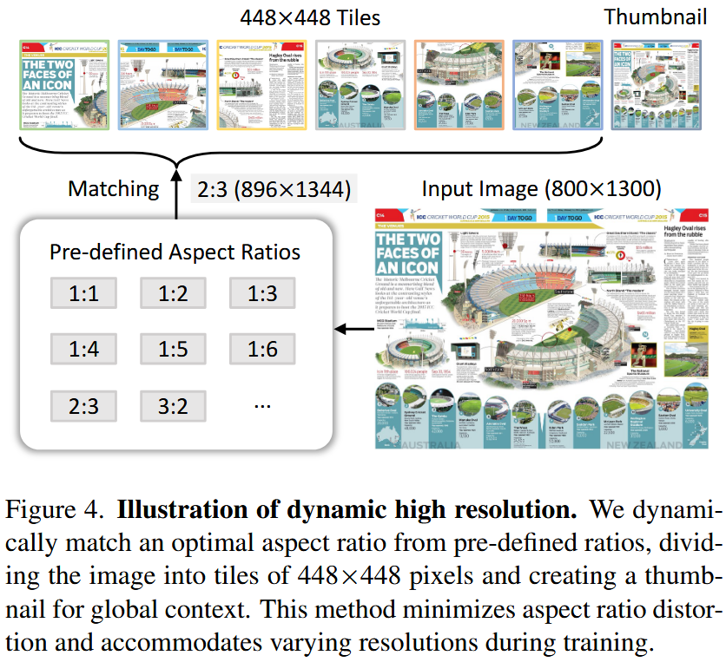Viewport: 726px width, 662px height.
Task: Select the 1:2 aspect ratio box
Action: click(173, 294)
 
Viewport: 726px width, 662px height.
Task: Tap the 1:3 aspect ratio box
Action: click(262, 294)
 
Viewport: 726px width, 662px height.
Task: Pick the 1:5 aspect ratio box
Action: click(173, 349)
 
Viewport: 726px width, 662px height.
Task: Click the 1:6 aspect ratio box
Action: click(262, 349)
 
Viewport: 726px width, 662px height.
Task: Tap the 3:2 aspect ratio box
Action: click(173, 404)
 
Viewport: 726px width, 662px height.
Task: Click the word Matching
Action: click(114, 188)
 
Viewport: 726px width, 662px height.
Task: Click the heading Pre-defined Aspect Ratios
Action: click(175, 252)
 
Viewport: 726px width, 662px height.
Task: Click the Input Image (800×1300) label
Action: click(541, 188)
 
